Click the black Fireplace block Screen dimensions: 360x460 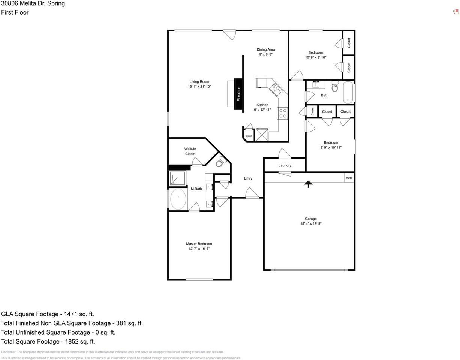238,94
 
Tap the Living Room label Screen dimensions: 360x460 199,82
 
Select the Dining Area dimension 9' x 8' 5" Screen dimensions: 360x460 265,54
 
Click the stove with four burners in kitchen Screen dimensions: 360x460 283,113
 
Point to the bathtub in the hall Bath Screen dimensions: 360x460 348,91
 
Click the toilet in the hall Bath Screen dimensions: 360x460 335,87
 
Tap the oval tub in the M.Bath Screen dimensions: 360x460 178,199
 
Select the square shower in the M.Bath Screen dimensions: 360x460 178,178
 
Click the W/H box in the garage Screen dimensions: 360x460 349,178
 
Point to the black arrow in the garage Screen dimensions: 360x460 308,184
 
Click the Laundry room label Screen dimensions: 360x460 285,165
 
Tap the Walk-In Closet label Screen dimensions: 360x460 190,151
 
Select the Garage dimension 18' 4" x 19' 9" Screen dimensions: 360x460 311,224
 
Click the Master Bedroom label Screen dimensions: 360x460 199,244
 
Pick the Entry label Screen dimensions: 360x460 248,178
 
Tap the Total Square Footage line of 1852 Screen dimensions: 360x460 48,341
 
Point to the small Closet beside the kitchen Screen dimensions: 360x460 249,136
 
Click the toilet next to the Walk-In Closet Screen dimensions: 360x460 220,162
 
